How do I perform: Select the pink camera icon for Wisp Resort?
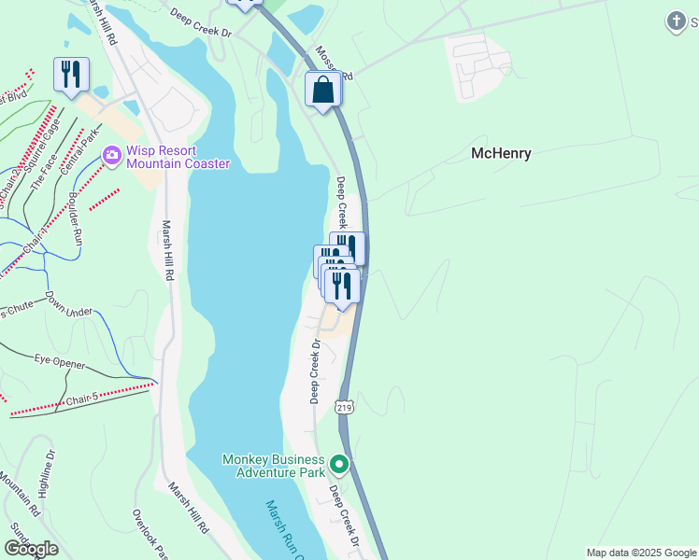click(x=112, y=154)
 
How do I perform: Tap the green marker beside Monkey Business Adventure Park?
click(x=340, y=463)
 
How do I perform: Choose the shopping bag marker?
click(x=322, y=91)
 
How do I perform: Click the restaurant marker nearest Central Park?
click(x=71, y=74)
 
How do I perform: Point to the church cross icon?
click(x=677, y=21)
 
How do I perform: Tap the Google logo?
click(x=31, y=549)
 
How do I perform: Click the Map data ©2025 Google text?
click(x=640, y=553)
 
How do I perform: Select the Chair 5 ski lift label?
click(x=80, y=401)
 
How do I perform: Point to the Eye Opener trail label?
click(x=61, y=360)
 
